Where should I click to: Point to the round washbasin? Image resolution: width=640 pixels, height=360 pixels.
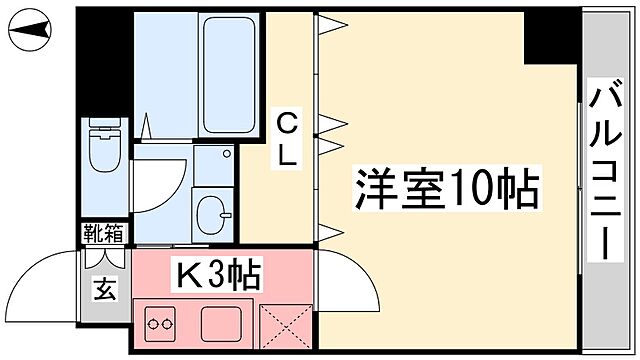[x=212, y=211]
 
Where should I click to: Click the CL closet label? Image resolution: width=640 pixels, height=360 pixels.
[x=286, y=140]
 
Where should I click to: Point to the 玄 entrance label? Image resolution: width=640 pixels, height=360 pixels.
[x=104, y=292]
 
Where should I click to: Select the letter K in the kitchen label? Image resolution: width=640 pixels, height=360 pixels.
[x=187, y=273]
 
